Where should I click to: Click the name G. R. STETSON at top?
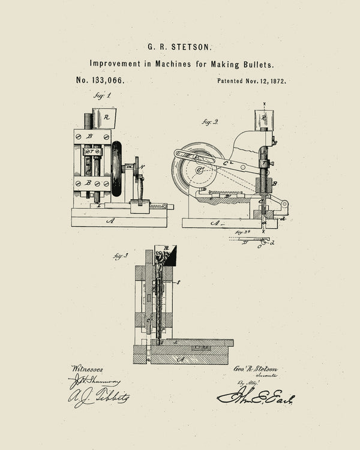[x=180, y=46]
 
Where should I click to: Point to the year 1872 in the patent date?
[x=278, y=80]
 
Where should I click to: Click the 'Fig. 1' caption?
[x=102, y=95]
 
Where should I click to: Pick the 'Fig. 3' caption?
[x=121, y=256]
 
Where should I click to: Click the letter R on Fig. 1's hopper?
[x=106, y=118]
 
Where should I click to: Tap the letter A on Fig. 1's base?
[x=110, y=221]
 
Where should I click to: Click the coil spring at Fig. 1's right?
[x=158, y=206]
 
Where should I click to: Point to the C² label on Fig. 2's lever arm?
[x=229, y=161]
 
